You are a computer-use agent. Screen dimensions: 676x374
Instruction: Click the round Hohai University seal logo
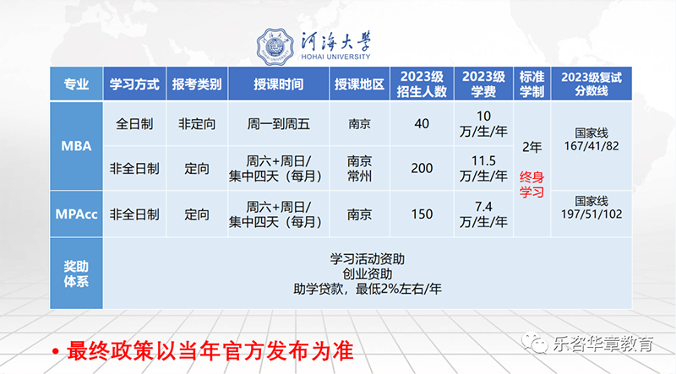[x=275, y=46]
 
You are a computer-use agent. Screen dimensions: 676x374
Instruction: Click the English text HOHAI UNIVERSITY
[x=335, y=57]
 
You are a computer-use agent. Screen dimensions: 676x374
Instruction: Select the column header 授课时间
[x=279, y=84]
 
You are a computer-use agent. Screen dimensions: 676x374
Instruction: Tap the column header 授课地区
[x=359, y=84]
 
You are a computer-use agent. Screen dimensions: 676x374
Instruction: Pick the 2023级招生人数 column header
[x=422, y=84]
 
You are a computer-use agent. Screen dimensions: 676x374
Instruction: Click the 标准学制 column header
[x=532, y=84]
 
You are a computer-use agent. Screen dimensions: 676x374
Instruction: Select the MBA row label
[x=76, y=146]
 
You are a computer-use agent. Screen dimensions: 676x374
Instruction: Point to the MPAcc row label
[x=76, y=214]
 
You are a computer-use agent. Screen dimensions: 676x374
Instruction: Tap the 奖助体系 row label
[x=76, y=274]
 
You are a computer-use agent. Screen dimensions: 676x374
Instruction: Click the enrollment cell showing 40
[x=422, y=123]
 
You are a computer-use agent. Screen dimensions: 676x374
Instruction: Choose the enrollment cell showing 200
[x=422, y=168]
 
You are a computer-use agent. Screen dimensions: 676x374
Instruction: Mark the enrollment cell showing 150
[x=422, y=214]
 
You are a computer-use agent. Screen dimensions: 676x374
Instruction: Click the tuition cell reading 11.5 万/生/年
[x=483, y=168]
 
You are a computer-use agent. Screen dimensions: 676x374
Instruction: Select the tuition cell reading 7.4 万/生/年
[x=483, y=214]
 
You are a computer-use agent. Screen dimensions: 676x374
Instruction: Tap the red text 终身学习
[x=532, y=184]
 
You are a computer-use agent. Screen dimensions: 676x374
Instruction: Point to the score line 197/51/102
[x=591, y=214]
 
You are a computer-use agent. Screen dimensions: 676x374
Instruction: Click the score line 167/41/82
[x=591, y=146]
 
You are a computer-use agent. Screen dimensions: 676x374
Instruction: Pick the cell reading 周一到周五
[x=279, y=124]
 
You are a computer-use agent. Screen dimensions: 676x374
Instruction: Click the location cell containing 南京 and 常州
[x=359, y=169]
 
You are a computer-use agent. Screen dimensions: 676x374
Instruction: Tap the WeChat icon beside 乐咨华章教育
[x=535, y=342]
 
